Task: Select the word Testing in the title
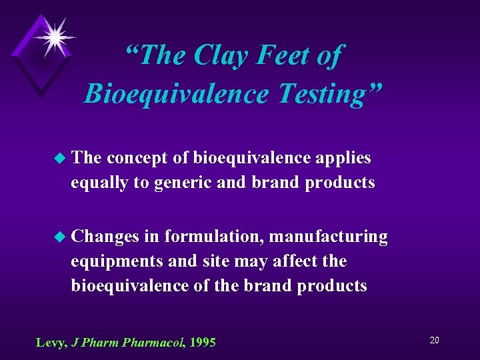(x=324, y=94)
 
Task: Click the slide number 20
(x=434, y=340)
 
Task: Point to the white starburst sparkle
(x=54, y=34)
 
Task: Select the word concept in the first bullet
(x=137, y=159)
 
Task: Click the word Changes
(x=105, y=237)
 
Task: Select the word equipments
(x=117, y=261)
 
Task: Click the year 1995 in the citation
(x=203, y=343)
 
